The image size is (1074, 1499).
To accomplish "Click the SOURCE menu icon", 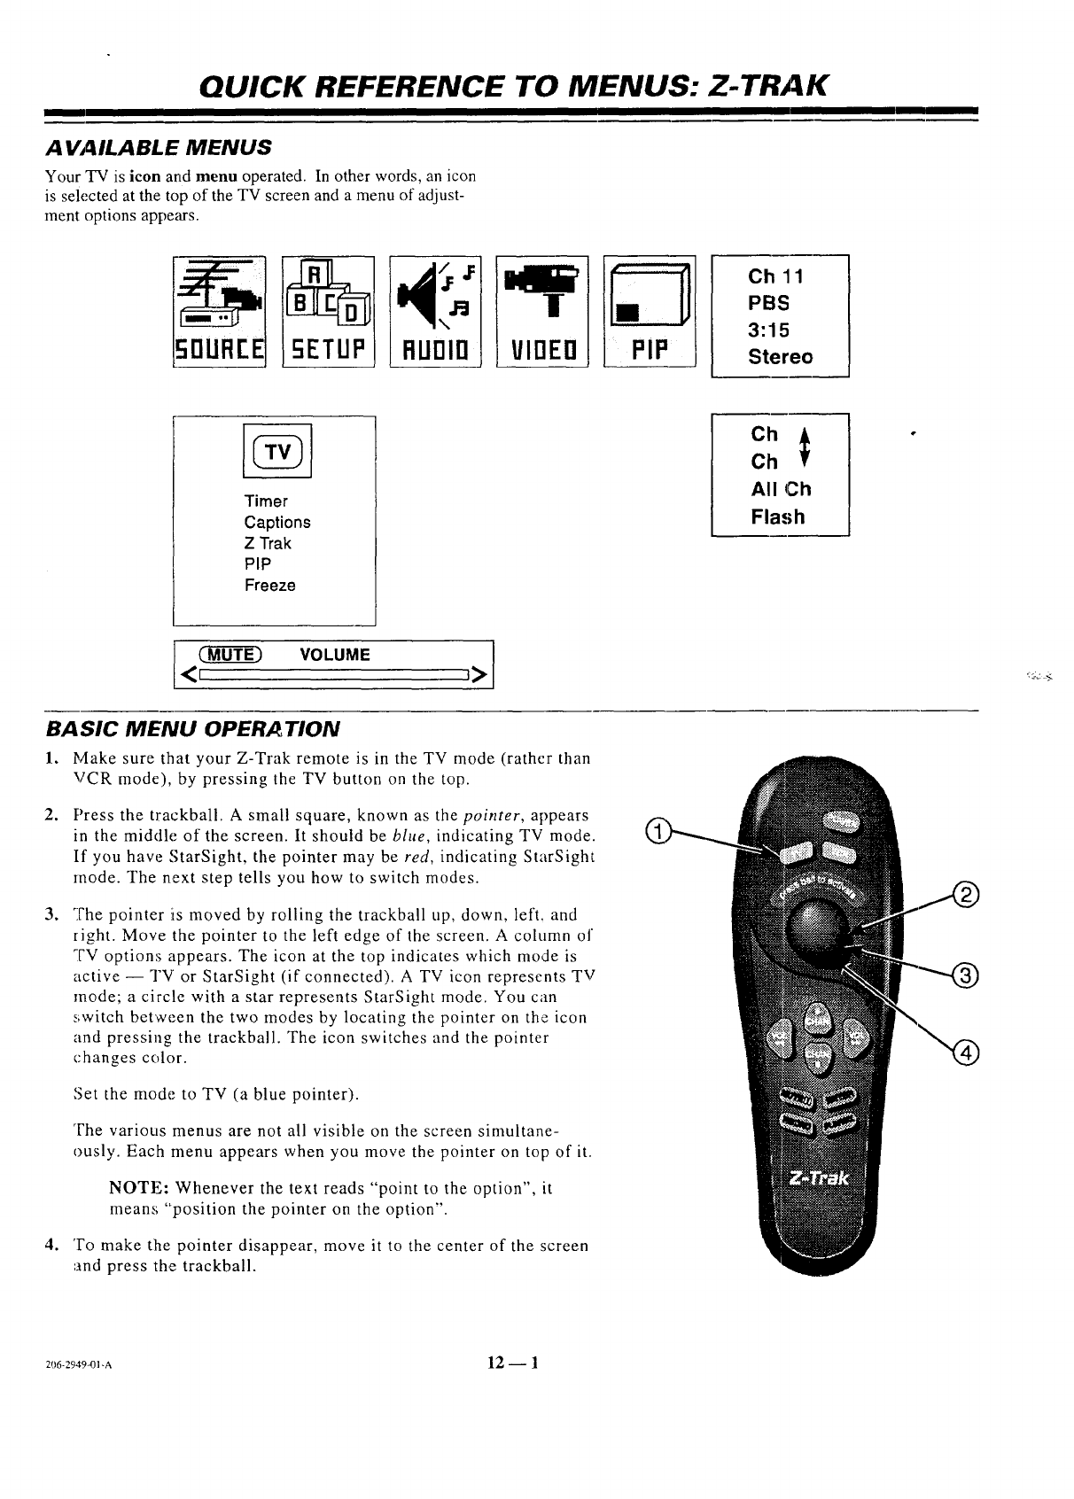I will point(220,309).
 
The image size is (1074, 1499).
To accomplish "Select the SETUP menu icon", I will point(328,309).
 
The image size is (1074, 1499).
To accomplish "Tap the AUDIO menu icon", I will point(435,309).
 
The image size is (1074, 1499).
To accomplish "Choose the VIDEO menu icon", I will point(542,309).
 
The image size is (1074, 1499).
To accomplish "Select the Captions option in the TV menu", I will point(277,522).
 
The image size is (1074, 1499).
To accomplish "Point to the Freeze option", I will point(270,586).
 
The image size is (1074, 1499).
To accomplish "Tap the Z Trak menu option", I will point(268,543).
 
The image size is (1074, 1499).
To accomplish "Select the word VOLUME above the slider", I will point(335,655).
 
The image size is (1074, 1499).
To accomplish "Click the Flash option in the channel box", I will point(777,516).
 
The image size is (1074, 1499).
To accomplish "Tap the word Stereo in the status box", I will point(780,357).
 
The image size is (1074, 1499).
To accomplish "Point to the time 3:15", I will point(768,330).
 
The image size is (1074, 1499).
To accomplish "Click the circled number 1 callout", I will point(656,829).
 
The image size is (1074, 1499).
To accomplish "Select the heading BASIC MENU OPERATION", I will point(191,729).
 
